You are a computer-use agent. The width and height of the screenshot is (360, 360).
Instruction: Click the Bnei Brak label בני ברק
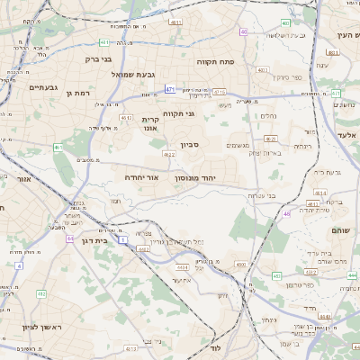tap(99, 59)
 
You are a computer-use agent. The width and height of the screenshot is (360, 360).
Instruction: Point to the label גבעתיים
tap(43, 87)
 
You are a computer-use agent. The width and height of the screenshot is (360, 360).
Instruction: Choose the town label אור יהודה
tap(141, 177)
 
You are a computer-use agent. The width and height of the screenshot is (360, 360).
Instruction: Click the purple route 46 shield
tap(287, 213)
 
